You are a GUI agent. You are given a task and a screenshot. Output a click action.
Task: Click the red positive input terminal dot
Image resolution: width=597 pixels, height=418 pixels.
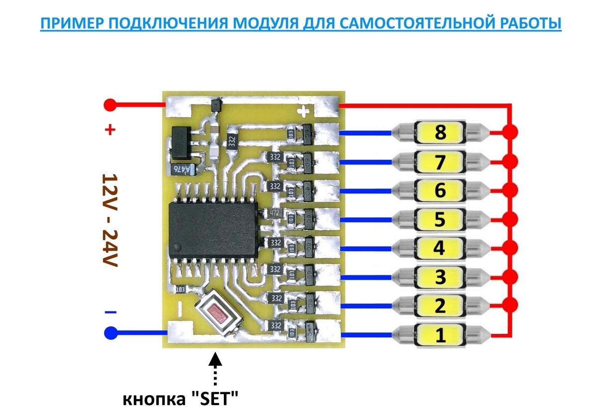point(110,105)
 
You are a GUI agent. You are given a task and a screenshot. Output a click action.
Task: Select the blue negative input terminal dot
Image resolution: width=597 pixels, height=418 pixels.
point(110,333)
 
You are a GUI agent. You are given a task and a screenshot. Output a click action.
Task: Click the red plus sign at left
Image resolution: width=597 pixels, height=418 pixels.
point(110,131)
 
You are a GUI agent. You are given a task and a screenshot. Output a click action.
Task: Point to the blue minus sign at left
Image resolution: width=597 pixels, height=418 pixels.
point(110,312)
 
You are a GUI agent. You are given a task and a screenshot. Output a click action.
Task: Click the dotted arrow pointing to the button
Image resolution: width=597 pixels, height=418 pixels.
point(215,369)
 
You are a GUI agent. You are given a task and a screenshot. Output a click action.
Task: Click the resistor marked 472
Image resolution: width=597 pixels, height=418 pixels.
point(274,213)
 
